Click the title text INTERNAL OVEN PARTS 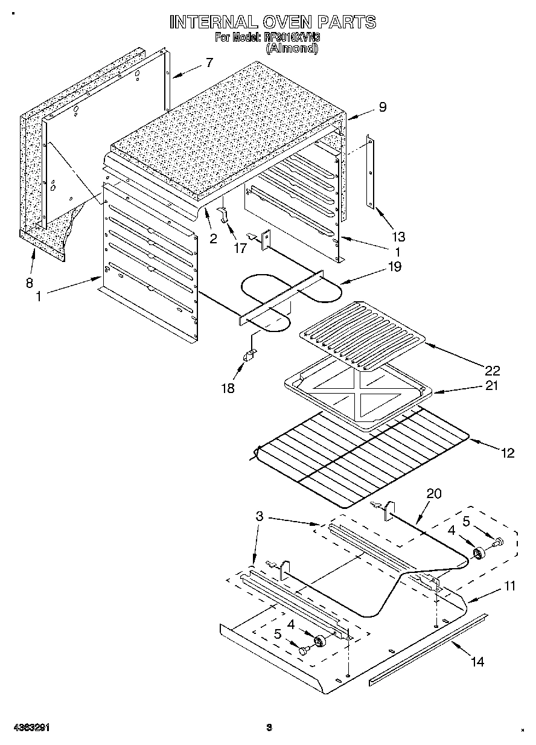click(x=273, y=22)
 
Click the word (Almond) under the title click(x=292, y=50)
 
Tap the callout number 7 click(x=209, y=62)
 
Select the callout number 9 click(x=381, y=107)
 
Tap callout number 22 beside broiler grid click(x=492, y=370)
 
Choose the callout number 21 click(x=492, y=385)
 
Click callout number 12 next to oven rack click(x=508, y=452)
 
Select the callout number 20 click(x=434, y=494)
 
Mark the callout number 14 click(x=477, y=662)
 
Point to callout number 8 click(x=29, y=282)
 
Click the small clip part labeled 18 click(x=248, y=357)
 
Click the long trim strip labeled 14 click(x=429, y=649)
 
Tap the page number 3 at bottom click(x=270, y=727)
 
